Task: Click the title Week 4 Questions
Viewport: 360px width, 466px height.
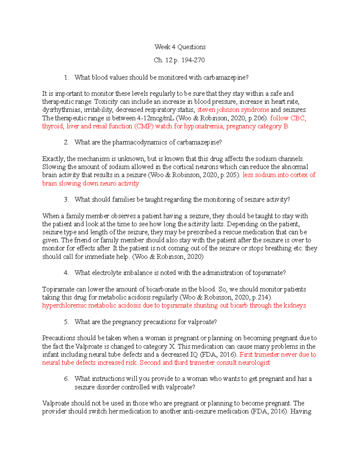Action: click(x=180, y=47)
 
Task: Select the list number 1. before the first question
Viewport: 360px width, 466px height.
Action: click(x=66, y=78)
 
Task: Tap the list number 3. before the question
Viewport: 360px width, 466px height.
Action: click(x=66, y=200)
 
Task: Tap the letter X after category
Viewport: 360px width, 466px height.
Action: click(x=172, y=347)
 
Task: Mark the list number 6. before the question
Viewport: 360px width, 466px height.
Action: click(x=66, y=379)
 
